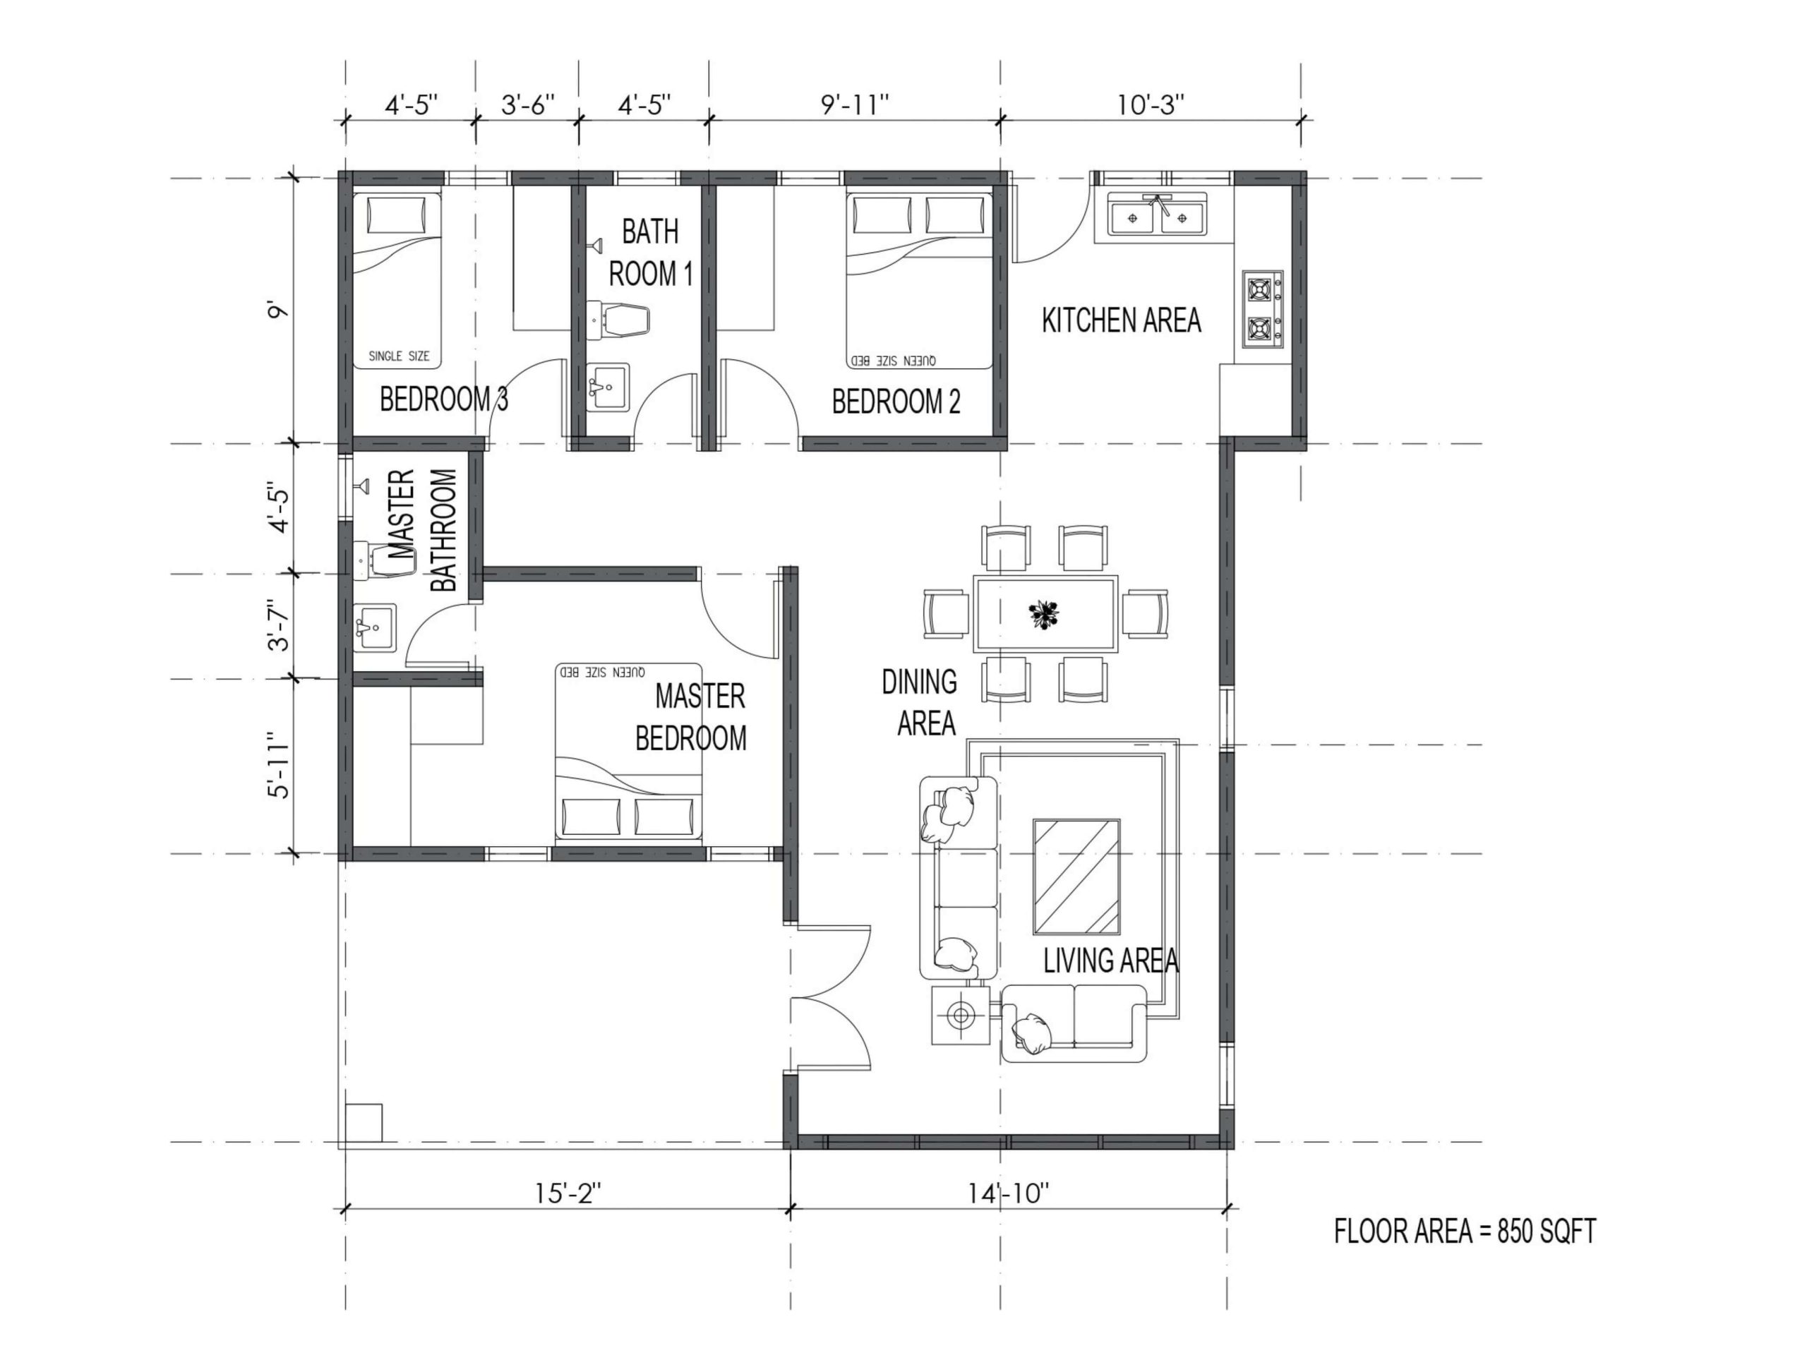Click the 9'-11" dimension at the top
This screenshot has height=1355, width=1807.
point(855,104)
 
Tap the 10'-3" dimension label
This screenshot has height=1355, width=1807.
point(1151,104)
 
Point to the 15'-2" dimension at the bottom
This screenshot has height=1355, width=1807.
point(568,1193)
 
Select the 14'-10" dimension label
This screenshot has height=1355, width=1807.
point(1008,1193)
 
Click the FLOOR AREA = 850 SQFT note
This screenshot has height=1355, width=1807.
point(1465,1231)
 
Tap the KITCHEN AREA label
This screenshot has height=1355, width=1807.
point(1121,320)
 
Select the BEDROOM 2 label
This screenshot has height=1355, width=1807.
point(896,402)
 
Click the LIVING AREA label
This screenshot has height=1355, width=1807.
point(1111,960)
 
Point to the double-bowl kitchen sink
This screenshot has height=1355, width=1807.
point(1157,215)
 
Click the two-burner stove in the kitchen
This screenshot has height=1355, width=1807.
point(1263,308)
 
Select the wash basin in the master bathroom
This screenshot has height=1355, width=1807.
point(375,627)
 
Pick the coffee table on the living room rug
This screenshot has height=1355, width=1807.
point(1076,877)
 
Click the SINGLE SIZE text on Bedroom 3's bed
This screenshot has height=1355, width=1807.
point(399,356)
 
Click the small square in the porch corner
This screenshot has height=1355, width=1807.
point(363,1122)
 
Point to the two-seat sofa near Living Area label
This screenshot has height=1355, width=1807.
point(1074,1023)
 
